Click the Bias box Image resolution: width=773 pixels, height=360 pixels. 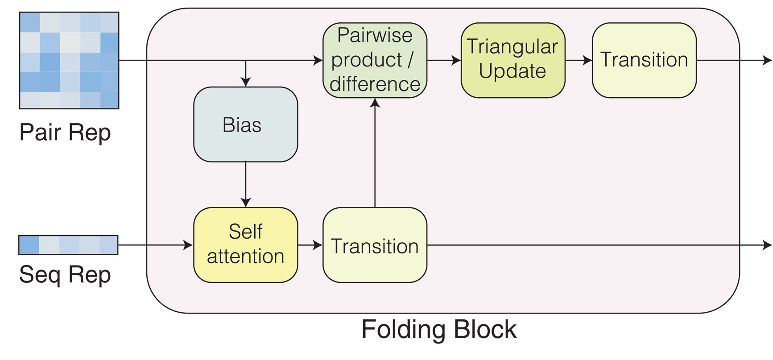(245, 124)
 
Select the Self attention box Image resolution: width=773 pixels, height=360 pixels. (245, 245)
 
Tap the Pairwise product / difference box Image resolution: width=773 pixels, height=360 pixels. (375, 60)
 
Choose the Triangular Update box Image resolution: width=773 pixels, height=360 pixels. (513, 60)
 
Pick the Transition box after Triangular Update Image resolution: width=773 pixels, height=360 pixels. (644, 60)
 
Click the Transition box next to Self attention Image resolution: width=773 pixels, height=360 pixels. (375, 245)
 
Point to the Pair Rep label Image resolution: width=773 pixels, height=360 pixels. (65, 133)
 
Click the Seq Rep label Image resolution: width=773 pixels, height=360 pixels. (65, 275)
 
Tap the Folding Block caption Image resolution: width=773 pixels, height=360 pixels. (439, 330)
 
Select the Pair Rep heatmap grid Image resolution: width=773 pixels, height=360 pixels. (69, 61)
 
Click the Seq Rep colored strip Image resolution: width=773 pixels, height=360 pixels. (68, 245)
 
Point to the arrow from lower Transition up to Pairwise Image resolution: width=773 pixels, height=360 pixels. (375, 153)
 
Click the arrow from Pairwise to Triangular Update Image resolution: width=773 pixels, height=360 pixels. (444, 60)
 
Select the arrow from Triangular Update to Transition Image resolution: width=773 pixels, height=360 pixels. (579, 60)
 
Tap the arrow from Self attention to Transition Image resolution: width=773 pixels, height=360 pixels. (310, 245)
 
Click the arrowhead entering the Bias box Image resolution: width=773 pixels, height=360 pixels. (245, 82)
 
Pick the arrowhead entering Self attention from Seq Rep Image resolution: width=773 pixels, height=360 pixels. (188, 245)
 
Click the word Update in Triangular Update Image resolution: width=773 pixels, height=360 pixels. (513, 71)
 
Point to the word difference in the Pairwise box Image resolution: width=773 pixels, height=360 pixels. (375, 84)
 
